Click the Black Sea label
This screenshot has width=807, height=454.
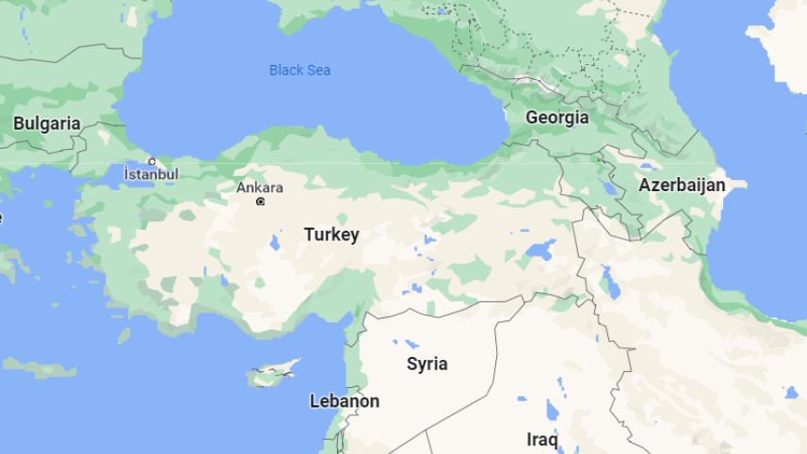click(299, 71)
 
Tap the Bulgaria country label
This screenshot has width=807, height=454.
click(46, 123)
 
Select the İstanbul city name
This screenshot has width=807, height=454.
click(151, 174)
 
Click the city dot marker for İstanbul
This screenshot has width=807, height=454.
click(152, 162)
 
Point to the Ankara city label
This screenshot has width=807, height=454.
click(259, 187)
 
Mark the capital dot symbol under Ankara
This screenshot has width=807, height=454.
click(261, 202)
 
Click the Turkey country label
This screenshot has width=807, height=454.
click(331, 235)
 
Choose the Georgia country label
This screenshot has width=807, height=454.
click(557, 118)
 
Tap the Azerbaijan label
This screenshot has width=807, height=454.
click(682, 185)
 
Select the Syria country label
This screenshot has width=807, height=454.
click(427, 364)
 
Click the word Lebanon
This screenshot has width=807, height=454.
click(345, 401)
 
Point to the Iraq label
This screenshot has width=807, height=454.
click(542, 439)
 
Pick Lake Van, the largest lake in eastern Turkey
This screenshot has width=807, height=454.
click(541, 251)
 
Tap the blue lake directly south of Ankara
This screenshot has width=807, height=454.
click(273, 242)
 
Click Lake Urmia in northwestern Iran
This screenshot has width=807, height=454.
click(609, 279)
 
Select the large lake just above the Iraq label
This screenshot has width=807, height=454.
click(552, 409)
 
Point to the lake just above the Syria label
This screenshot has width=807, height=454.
click(412, 343)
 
